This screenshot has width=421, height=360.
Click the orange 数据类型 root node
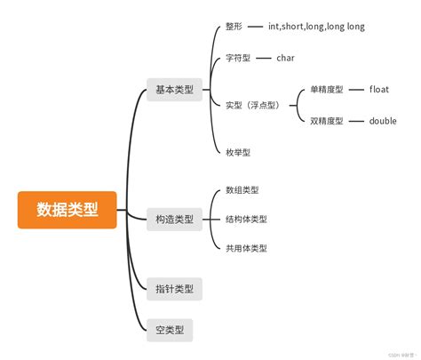[68, 210]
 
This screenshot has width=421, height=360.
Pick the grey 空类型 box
[169, 331]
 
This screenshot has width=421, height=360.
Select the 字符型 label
[238, 58]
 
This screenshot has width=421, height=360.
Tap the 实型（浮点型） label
[253, 105]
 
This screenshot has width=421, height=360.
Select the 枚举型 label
[238, 152]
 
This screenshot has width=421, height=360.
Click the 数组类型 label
[242, 189]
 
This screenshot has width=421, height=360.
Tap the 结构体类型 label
[246, 219]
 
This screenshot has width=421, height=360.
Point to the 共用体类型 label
[246, 248]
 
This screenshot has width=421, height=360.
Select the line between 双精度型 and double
[356, 121]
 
